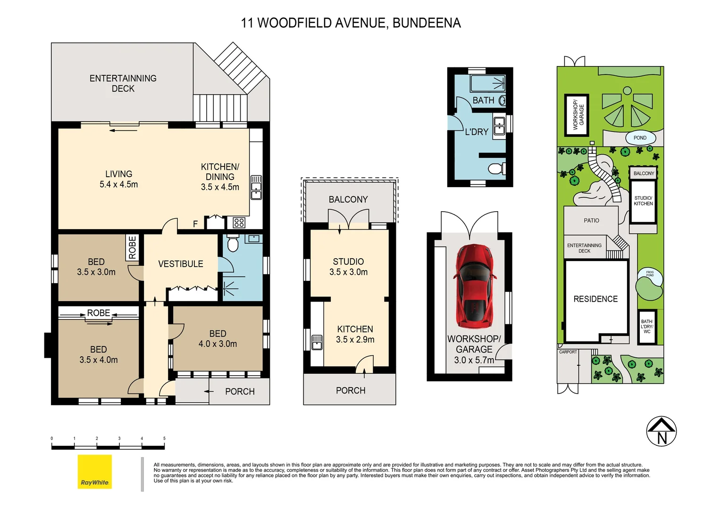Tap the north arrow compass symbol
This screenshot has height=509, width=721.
tap(661, 431)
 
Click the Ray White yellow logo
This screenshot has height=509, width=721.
tap(95, 471)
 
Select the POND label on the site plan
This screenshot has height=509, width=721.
tap(640, 138)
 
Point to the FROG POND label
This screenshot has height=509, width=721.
tap(650, 274)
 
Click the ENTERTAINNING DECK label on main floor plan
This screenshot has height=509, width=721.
tap(123, 83)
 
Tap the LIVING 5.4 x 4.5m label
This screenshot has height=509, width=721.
tap(119, 180)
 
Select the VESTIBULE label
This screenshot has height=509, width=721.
tap(181, 264)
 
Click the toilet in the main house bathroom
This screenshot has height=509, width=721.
tap(233, 244)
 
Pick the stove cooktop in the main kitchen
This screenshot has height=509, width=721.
tap(239, 223)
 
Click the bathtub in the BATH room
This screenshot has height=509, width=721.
tap(487, 83)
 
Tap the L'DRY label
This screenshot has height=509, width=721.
tap(477, 132)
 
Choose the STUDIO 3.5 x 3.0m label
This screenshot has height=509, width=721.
tap(348, 267)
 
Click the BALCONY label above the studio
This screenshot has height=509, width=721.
tap(348, 199)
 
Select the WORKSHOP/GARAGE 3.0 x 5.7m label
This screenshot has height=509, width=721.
tap(474, 350)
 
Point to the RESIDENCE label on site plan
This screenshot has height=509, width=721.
tap(595, 299)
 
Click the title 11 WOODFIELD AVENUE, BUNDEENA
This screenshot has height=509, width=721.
tap(351, 23)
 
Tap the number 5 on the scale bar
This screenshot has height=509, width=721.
tap(164, 438)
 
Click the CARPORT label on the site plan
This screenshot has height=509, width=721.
tap(568, 352)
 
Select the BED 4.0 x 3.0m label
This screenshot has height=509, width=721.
tap(218, 339)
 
